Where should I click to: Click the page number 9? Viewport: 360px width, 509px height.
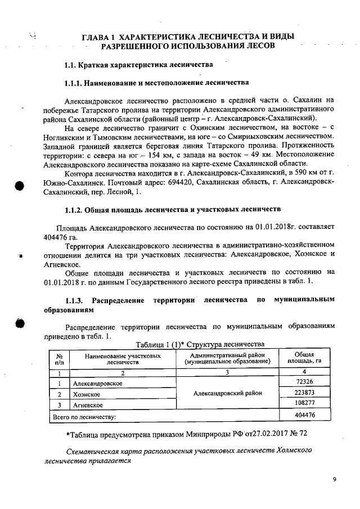pos(334,479)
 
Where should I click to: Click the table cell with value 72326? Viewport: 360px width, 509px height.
pos(304,382)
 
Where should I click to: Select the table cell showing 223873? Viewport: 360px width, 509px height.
pos(304,393)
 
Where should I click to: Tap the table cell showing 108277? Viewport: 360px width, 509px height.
pos(304,403)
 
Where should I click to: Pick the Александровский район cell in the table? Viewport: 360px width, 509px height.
pos(227,393)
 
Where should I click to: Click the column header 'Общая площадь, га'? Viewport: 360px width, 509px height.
pos(304,358)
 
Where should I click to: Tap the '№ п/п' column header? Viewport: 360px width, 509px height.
pos(58,359)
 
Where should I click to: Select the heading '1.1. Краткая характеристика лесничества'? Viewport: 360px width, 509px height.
pos(138,65)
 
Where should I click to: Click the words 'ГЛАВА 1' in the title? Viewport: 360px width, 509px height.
pos(100,37)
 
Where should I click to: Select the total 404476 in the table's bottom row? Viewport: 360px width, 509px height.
pos(304,415)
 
